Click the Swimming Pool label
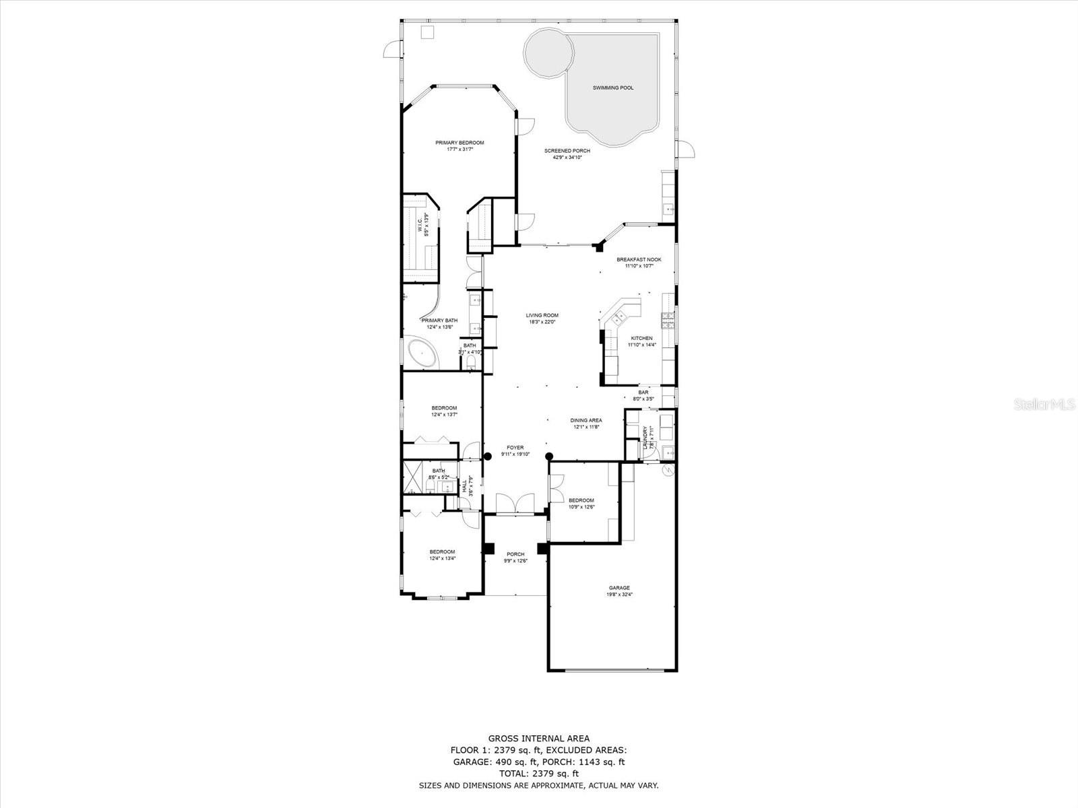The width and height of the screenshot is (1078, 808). [612, 88]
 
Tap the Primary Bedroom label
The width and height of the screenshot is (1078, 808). [459, 143]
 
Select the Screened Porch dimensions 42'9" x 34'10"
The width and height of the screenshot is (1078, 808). [567, 158]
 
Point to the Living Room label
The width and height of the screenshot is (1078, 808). [542, 315]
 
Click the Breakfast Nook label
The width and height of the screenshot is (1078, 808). [639, 259]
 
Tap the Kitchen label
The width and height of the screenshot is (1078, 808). [641, 338]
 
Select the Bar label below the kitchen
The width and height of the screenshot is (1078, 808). [643, 392]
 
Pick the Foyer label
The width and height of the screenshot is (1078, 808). [515, 447]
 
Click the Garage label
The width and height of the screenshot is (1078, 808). [619, 588]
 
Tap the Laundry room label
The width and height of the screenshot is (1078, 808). [645, 437]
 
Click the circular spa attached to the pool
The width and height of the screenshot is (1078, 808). [548, 52]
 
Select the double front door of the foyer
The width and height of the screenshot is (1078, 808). [515, 504]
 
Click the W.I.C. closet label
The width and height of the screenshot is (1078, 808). [419, 224]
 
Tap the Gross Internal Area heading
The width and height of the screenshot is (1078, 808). [538, 738]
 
